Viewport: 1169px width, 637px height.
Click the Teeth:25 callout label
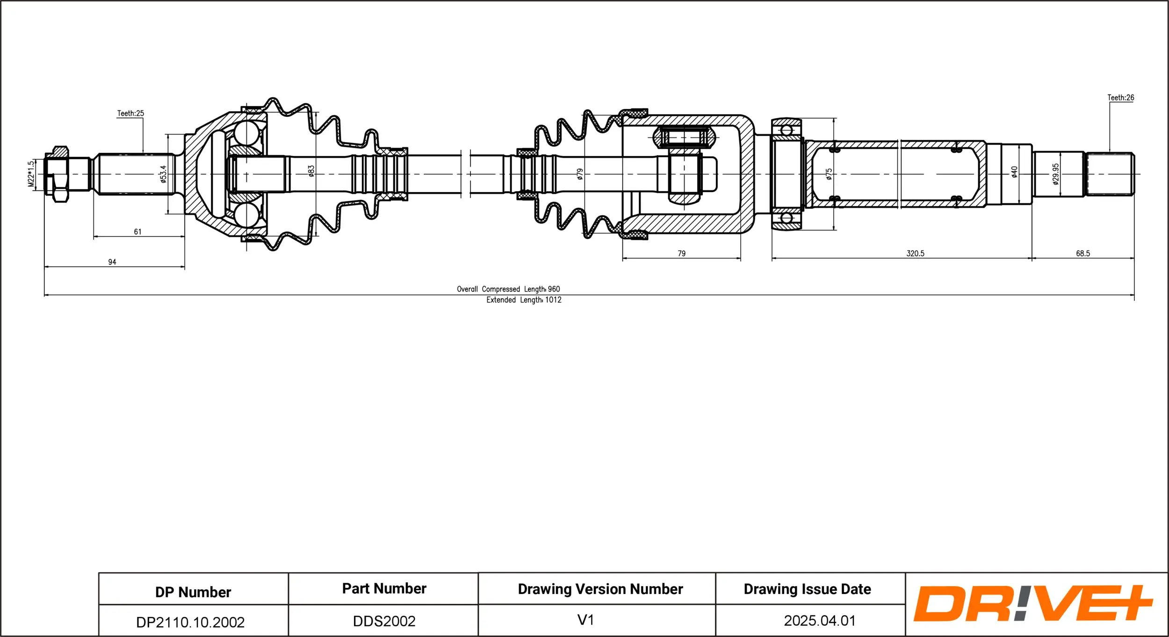tap(130, 113)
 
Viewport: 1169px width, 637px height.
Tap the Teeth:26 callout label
tap(1120, 98)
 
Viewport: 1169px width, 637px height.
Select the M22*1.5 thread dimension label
tap(31, 174)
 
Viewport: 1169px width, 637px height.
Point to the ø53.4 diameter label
tap(163, 174)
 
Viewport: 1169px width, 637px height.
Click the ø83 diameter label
tap(311, 171)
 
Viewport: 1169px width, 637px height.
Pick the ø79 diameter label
tap(580, 174)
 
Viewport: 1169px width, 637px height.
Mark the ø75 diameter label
tap(829, 174)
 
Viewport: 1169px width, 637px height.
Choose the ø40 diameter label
tap(1014, 172)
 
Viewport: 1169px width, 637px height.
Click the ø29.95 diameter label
tap(1056, 174)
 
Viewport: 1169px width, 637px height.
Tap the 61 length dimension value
tap(137, 232)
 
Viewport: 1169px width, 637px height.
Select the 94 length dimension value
tap(112, 262)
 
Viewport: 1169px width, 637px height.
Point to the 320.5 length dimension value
tap(915, 253)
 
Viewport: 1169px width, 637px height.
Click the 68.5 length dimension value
tap(1083, 253)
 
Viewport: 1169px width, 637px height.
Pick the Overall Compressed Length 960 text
tap(508, 289)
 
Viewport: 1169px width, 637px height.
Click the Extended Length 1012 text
tap(524, 300)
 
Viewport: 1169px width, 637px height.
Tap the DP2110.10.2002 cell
tap(190, 622)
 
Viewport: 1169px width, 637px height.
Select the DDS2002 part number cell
tap(384, 621)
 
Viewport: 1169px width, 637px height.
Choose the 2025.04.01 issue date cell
tap(820, 621)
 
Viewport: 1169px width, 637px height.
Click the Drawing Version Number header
tap(600, 589)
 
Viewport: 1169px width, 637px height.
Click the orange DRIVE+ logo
tap(1032, 603)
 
